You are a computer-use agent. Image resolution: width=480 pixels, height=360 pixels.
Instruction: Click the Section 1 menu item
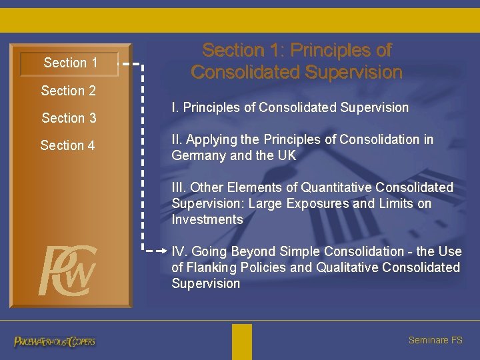[x=70, y=63]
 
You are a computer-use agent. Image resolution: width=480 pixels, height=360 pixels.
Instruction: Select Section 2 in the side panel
[x=68, y=91]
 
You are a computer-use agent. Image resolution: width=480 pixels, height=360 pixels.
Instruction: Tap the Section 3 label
[x=69, y=118]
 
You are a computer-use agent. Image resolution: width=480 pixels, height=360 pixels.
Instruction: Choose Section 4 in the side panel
[x=67, y=145]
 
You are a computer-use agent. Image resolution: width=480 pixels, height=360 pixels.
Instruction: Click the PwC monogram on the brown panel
[x=67, y=271]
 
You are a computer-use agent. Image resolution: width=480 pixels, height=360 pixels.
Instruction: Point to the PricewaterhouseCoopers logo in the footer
[x=55, y=341]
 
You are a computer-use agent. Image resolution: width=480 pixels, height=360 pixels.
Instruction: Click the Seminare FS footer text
[x=435, y=340]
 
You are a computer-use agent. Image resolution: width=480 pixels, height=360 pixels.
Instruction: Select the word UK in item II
[x=286, y=155]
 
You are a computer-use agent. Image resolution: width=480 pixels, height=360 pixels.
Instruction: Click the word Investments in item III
[x=207, y=219]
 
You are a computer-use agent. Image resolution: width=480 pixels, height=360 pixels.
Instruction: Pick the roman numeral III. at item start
[x=179, y=187]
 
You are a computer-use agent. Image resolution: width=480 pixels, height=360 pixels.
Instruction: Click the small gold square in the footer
[x=242, y=341]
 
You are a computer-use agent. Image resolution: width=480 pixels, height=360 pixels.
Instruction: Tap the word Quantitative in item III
[x=334, y=187]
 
